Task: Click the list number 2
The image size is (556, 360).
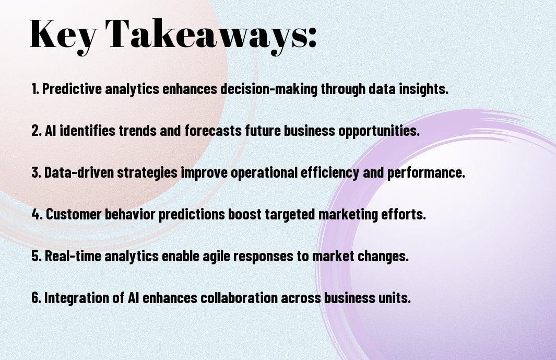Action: point(36,131)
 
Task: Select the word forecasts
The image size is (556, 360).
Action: point(213,131)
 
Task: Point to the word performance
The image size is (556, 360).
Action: point(426,173)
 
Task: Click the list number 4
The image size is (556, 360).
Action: point(37,214)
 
